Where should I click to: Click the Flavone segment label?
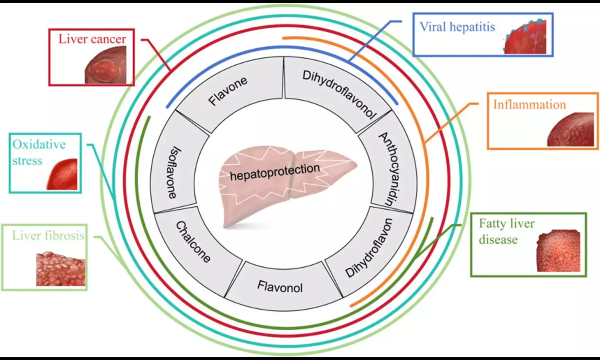click(228, 92)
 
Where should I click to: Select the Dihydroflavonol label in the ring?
click(339, 95)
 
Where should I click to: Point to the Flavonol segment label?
click(280, 287)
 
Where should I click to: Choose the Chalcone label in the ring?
click(193, 242)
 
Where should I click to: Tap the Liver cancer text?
click(92, 39)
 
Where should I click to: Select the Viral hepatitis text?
click(457, 27)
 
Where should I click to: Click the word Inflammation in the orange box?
click(529, 105)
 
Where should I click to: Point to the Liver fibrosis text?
click(48, 236)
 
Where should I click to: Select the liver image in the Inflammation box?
click(571, 130)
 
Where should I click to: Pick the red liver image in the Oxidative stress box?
click(63, 174)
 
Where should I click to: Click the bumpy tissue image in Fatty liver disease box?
click(558, 251)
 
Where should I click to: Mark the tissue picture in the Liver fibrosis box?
click(61, 269)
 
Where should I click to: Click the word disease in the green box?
click(498, 240)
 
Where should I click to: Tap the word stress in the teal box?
click(27, 161)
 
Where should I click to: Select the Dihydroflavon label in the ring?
click(369, 248)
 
